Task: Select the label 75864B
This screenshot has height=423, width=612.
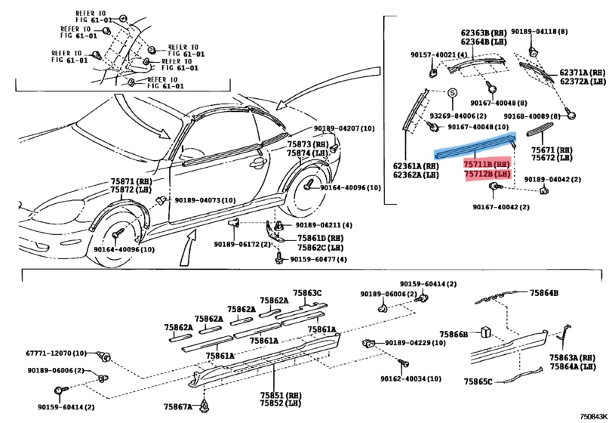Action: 543,292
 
